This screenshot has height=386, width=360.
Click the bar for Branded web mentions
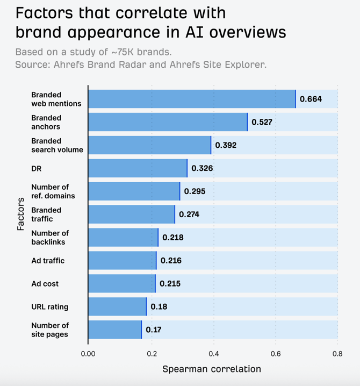pos(192,99)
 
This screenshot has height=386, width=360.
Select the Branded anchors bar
pos(168,122)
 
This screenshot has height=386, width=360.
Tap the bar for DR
pos(138,168)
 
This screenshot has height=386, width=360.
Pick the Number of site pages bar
pos(115,330)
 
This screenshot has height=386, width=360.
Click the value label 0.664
pos(311,99)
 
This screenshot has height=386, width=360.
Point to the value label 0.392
pos(226,145)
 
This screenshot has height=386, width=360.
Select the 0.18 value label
pos(159,307)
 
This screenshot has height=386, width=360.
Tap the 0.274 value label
pos(189,215)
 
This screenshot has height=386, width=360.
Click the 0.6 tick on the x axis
pos(276,354)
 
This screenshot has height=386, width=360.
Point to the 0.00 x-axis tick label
pos(88,354)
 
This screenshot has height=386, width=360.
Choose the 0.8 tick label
pos(337,354)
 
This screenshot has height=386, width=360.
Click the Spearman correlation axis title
pos(212,369)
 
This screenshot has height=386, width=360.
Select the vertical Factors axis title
pos(20,214)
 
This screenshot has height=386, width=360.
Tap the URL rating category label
pos(50,307)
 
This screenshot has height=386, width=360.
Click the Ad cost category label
pos(45,284)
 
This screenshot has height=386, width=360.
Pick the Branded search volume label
pos(57,145)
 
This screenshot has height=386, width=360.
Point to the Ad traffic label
pos(48,261)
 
